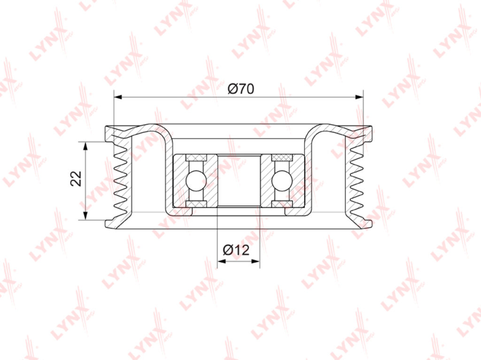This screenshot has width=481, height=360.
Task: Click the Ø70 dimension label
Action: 241,89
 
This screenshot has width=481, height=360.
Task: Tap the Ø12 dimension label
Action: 236,250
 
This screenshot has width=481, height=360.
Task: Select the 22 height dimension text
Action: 76,178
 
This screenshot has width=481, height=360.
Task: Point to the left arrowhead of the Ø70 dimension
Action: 118,97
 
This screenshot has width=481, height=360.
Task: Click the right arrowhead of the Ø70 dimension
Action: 359,97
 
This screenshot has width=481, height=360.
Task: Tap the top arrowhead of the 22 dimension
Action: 85,146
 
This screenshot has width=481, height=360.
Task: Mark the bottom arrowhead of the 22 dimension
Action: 85,215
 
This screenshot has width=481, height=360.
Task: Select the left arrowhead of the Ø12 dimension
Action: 222,261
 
